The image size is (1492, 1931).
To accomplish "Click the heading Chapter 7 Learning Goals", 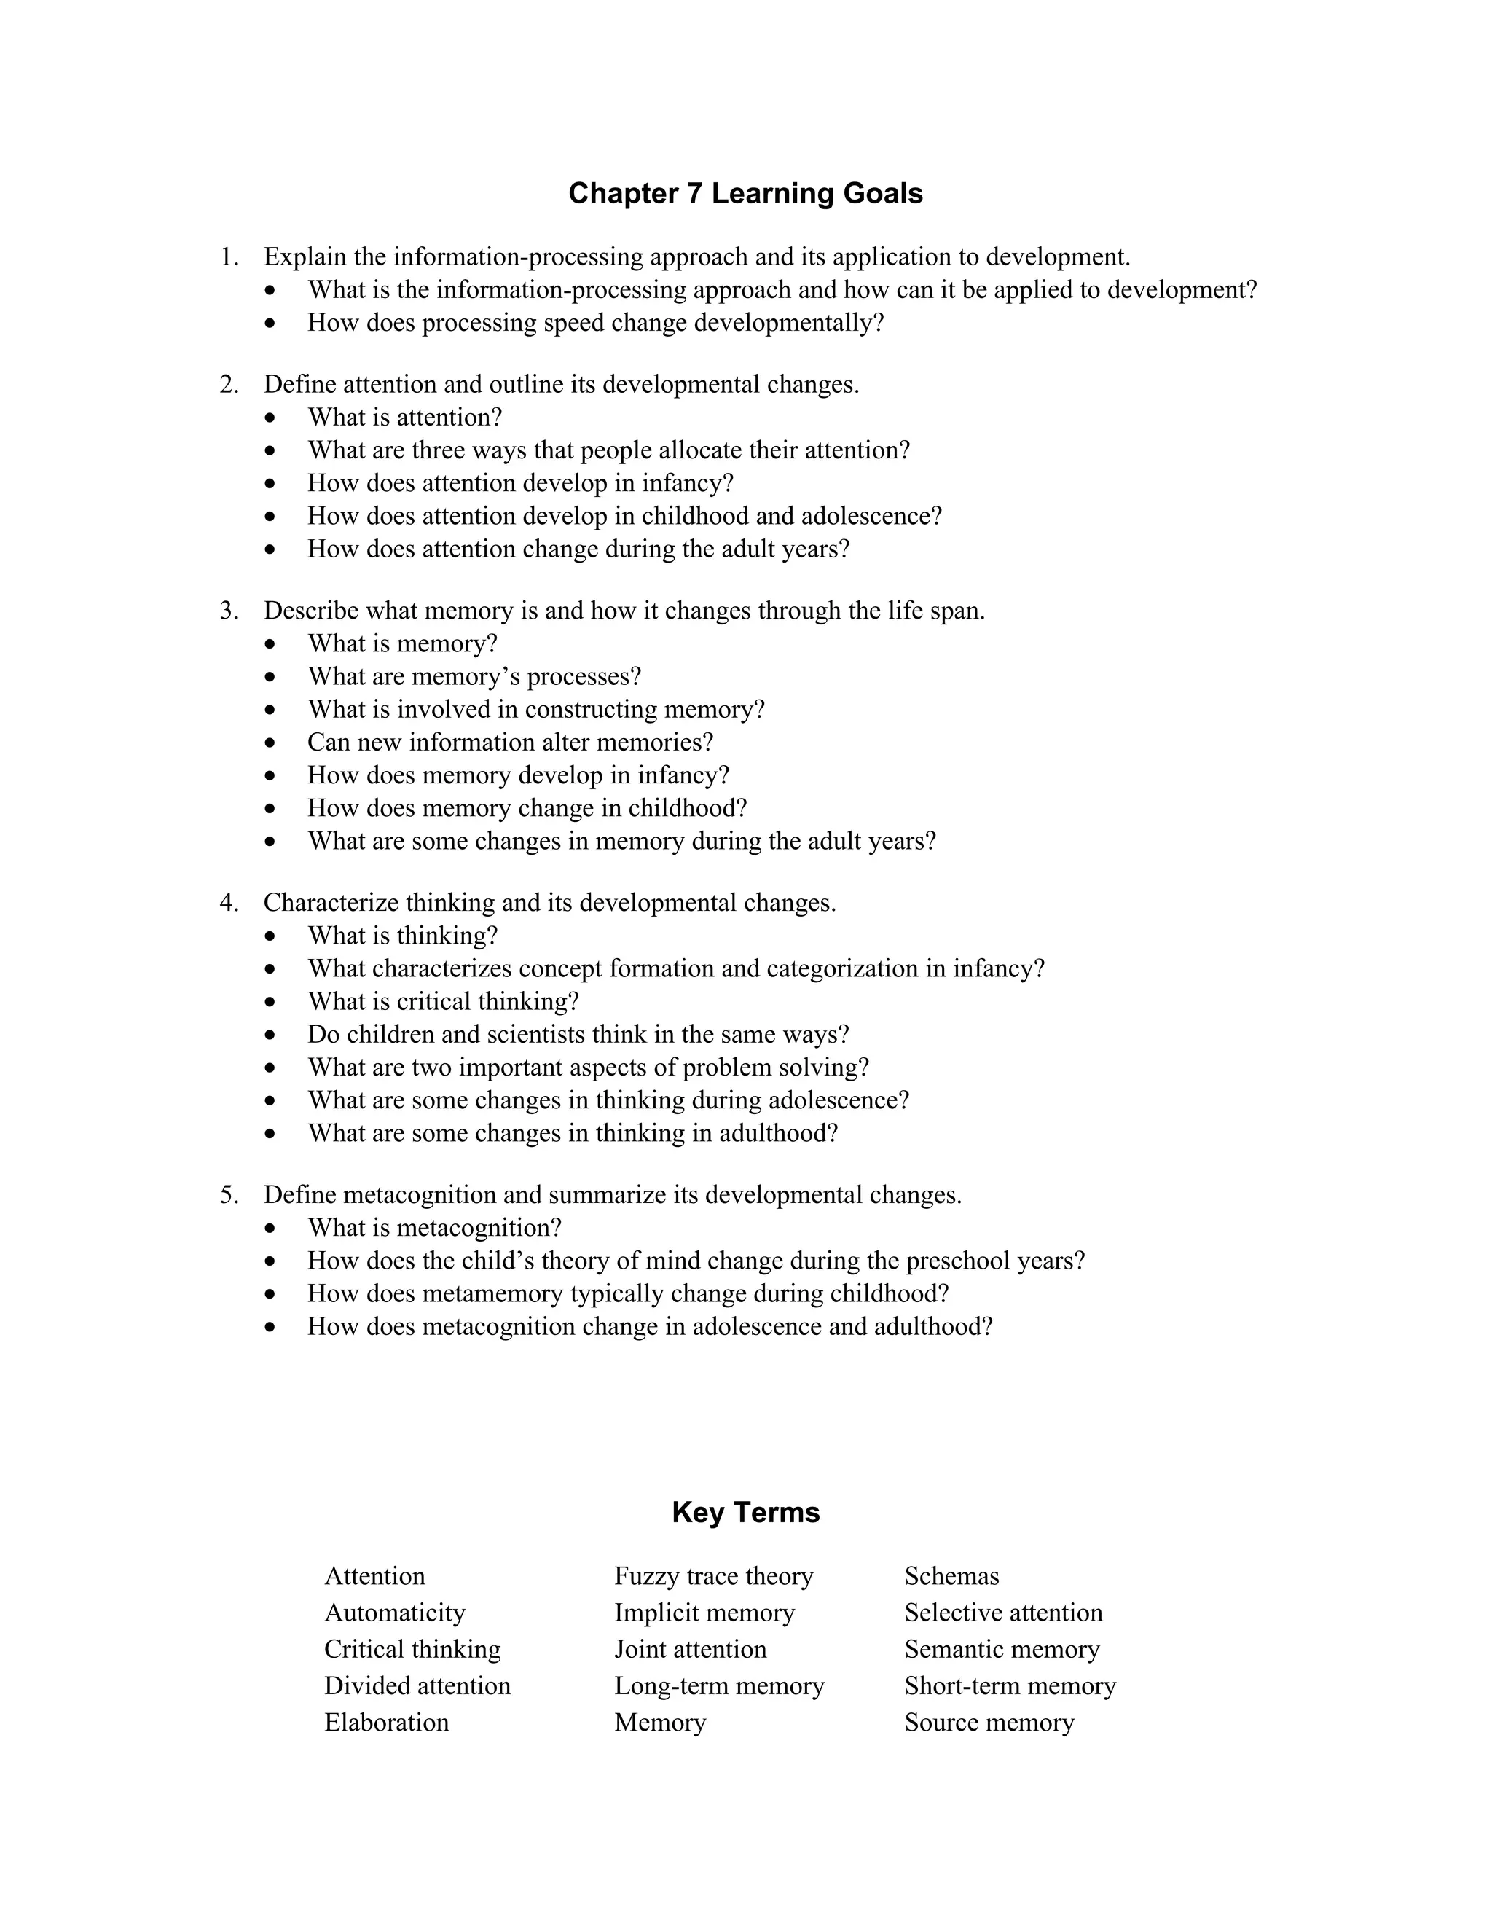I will click(745, 194).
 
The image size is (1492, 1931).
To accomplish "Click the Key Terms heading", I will click(745, 1512).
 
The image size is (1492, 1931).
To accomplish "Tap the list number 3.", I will click(228, 611).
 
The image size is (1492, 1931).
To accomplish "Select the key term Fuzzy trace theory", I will click(713, 1575).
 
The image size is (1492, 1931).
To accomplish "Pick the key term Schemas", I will click(951, 1575).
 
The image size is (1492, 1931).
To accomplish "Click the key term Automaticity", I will click(394, 1613).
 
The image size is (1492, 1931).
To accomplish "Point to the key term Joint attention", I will click(691, 1649).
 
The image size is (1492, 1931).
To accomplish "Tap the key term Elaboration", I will click(386, 1723).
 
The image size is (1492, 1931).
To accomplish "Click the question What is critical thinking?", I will click(443, 1002).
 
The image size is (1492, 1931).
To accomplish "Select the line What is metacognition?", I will click(434, 1228).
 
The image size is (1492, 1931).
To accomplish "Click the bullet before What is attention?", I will click(270, 418).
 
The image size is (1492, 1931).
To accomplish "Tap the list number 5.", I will click(228, 1195).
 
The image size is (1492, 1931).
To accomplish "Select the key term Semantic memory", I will click(1002, 1649).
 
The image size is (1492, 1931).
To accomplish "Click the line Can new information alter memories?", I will click(510, 743).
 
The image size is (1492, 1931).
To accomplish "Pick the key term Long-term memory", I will click(718, 1686).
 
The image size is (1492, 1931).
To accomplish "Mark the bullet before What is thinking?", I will click(270, 936).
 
